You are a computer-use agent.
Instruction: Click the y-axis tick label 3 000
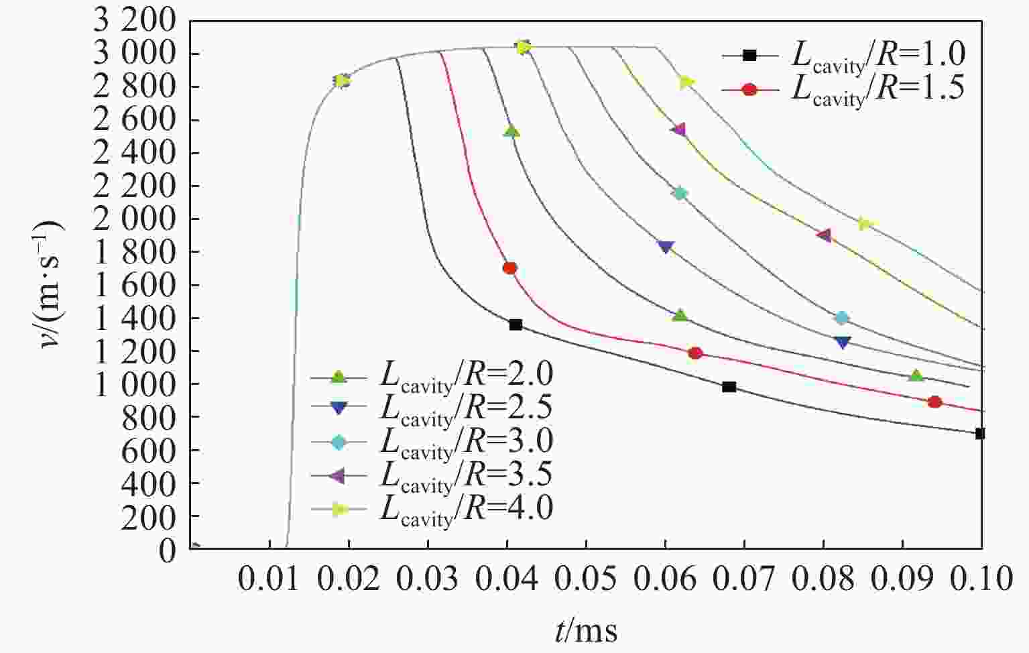pyautogui.click(x=135, y=54)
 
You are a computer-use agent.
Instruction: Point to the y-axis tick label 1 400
pyautogui.click(x=135, y=318)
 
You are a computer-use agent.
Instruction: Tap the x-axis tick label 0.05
pyautogui.click(x=587, y=578)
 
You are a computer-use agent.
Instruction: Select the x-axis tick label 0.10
pyautogui.click(x=981, y=578)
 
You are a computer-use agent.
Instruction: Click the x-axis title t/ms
pyautogui.click(x=587, y=631)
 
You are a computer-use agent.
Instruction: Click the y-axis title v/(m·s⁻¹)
pyautogui.click(x=50, y=284)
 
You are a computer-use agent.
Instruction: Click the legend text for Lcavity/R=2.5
pyautogui.click(x=467, y=408)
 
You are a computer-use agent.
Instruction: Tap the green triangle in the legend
pyautogui.click(x=339, y=377)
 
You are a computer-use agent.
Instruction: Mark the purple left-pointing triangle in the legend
pyautogui.click(x=339, y=476)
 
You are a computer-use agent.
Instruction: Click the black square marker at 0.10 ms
pyautogui.click(x=980, y=434)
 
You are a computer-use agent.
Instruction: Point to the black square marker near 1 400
pyautogui.click(x=516, y=325)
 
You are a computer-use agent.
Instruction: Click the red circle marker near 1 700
pyautogui.click(x=509, y=268)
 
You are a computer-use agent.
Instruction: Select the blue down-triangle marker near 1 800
pyautogui.click(x=666, y=247)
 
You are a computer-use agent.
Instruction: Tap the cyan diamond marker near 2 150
pyautogui.click(x=680, y=194)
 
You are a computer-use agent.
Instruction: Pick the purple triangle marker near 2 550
pyautogui.click(x=679, y=129)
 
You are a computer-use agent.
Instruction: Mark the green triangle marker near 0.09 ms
pyautogui.click(x=916, y=376)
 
